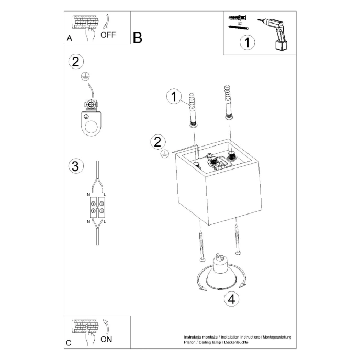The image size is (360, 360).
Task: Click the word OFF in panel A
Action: click(108, 36)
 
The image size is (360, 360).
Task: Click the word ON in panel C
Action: click(106, 339)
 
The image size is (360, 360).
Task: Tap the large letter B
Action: click(138, 38)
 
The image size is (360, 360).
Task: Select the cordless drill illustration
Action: click(275, 33)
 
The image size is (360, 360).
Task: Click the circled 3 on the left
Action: click(76, 166)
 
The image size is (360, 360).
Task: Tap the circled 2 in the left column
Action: click(76, 61)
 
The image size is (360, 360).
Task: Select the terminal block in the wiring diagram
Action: click(97, 206)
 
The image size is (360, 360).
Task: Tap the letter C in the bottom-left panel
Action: click(69, 343)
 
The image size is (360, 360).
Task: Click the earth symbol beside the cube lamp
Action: click(163, 154)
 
